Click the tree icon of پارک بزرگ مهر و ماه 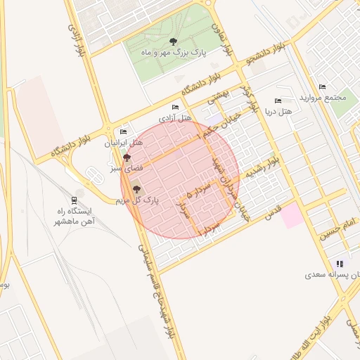(x=174, y=41)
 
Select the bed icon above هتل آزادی (x=175, y=107)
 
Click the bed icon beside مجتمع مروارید (x=322, y=86)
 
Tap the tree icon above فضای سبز (x=127, y=157)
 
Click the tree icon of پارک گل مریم (x=136, y=188)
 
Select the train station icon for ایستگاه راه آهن (x=75, y=199)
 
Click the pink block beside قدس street (x=292, y=217)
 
